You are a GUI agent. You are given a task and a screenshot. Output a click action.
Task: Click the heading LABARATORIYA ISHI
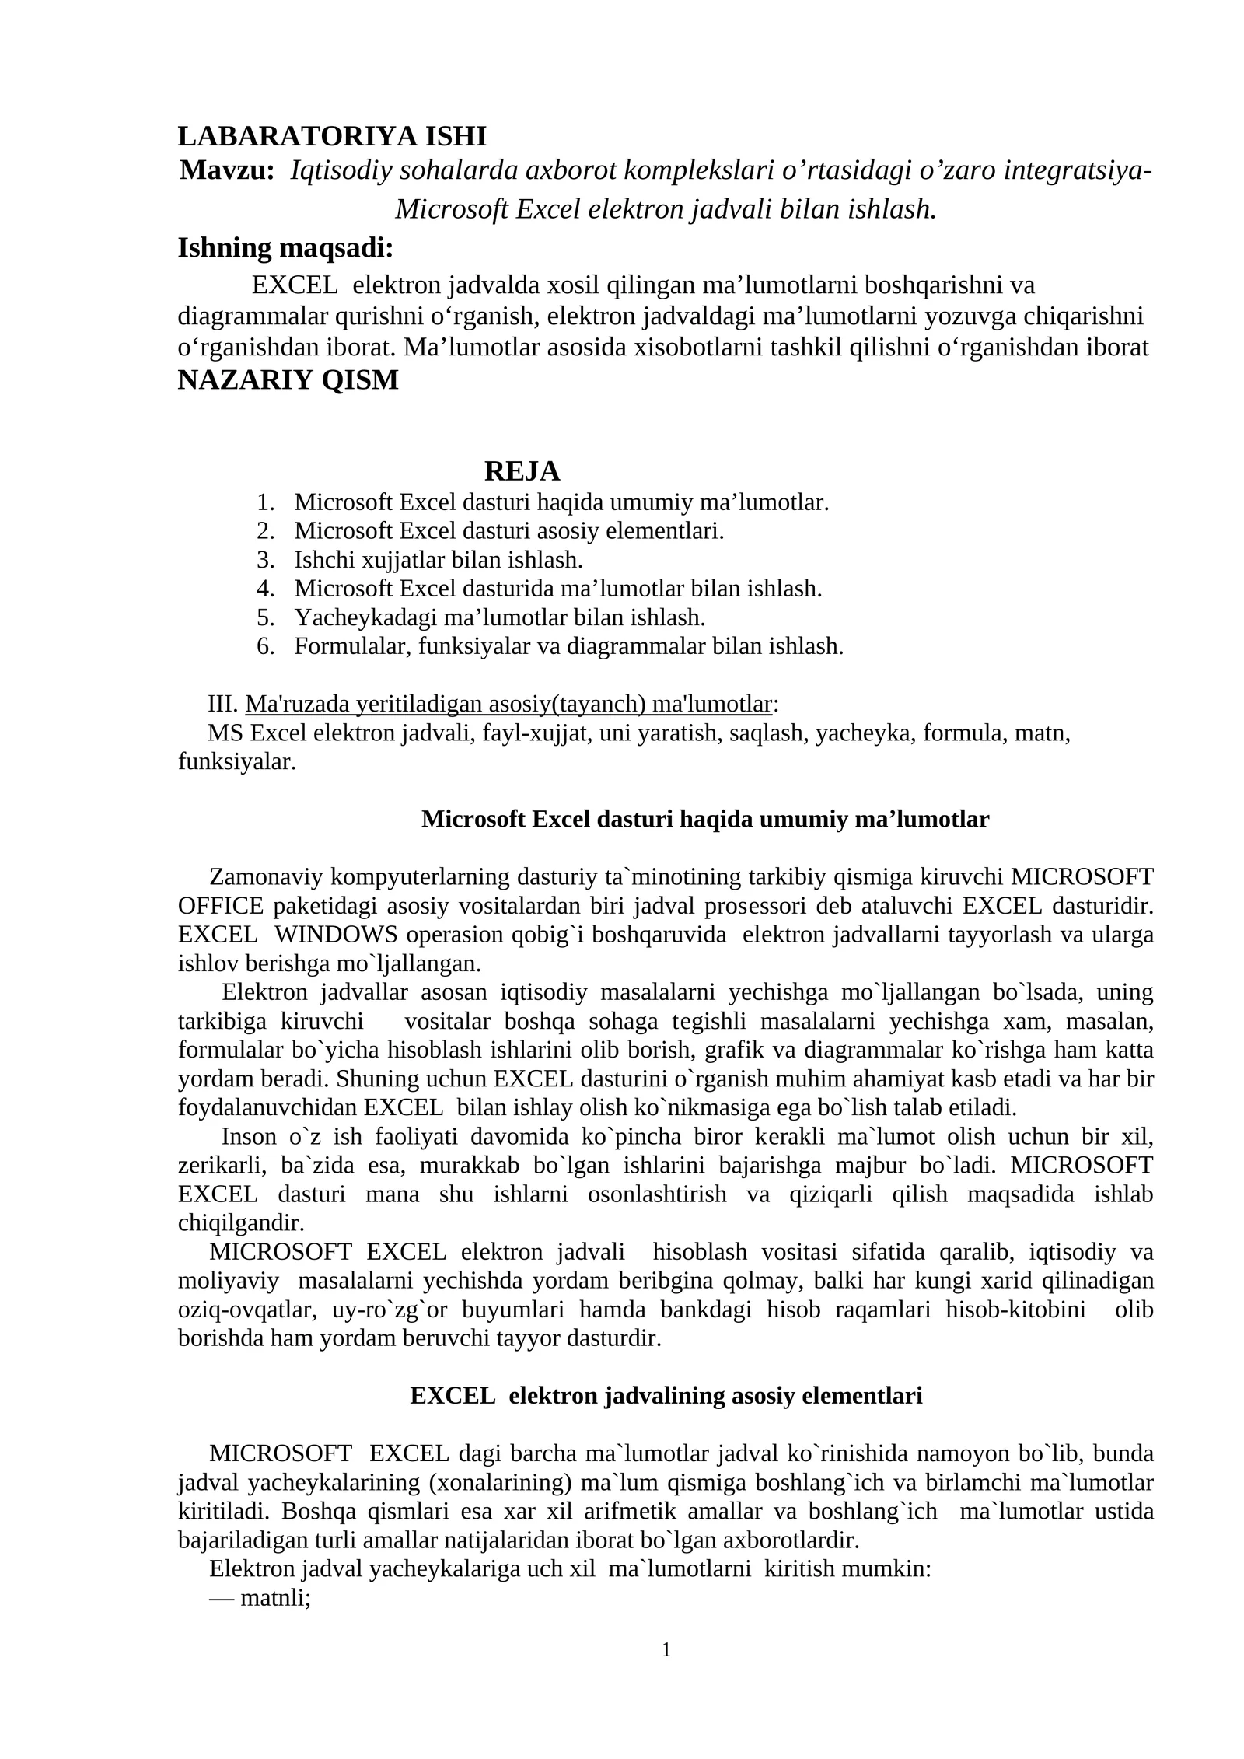point(332,136)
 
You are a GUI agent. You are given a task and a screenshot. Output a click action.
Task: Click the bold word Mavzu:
point(227,170)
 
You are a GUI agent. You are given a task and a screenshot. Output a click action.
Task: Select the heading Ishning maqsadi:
point(285,248)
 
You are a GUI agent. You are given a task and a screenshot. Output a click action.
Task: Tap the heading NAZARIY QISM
point(288,380)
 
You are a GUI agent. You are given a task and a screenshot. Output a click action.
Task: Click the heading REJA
point(522,471)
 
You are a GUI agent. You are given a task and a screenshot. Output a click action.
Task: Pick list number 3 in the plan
point(265,560)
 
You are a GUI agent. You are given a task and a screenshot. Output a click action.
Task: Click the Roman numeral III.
point(222,705)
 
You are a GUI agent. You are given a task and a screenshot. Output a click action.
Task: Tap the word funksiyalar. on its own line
point(237,762)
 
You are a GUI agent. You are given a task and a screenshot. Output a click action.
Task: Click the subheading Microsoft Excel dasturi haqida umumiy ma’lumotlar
point(704,820)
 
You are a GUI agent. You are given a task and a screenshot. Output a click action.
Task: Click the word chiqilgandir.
point(241,1223)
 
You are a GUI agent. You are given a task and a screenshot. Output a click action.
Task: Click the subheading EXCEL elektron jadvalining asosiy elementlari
point(666,1396)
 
